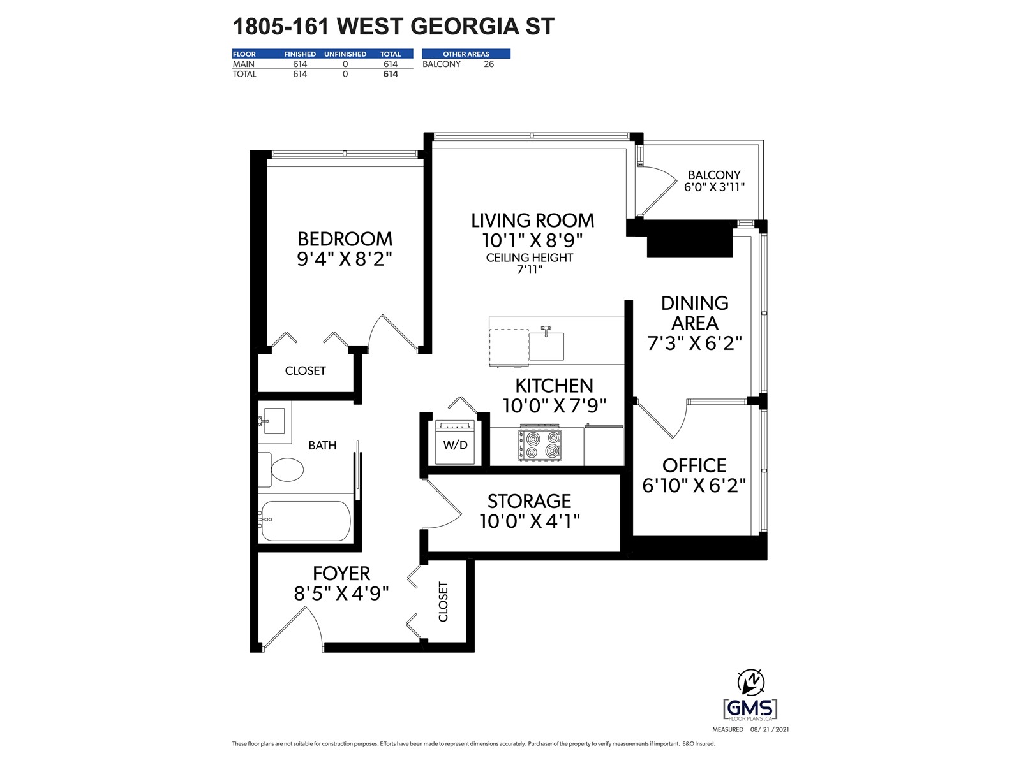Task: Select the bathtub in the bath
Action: tap(305, 521)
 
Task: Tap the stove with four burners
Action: tap(540, 444)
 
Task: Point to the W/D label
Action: tap(455, 445)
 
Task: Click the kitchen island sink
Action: tap(546, 344)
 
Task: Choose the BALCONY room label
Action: tap(714, 175)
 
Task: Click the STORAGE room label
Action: tap(530, 501)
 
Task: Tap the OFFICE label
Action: tap(694, 465)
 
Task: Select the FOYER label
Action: tap(341, 574)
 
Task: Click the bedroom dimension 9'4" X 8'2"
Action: tap(345, 259)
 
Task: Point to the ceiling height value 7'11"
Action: tap(530, 270)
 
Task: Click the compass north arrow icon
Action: tap(750, 681)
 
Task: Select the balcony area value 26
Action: tap(488, 64)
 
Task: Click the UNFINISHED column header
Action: tap(345, 54)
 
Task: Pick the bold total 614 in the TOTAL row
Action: tap(391, 74)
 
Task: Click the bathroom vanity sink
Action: tap(274, 421)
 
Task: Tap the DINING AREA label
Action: tap(694, 312)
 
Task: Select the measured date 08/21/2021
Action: tap(770, 729)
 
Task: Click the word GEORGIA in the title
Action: tap(465, 27)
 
